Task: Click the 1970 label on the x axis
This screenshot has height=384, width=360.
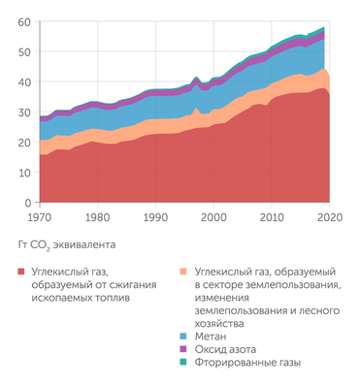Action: [40, 217]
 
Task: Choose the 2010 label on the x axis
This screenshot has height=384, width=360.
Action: [272, 217]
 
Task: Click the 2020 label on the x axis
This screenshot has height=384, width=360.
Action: [329, 217]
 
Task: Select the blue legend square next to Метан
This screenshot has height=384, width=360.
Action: [185, 335]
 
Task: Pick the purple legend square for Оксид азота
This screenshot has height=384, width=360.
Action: [185, 348]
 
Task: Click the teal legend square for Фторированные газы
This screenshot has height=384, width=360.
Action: [185, 362]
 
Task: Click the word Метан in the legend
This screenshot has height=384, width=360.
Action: [212, 335]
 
